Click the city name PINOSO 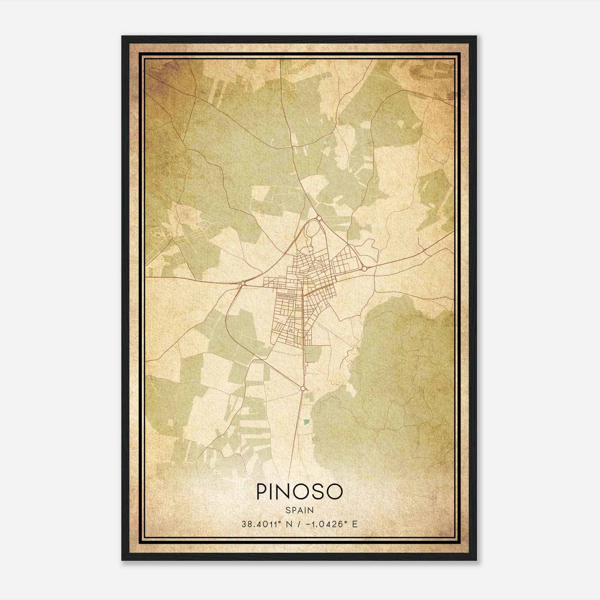pyautogui.click(x=299, y=492)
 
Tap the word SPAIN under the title pyautogui.click(x=299, y=510)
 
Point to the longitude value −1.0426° pyautogui.click(x=326, y=524)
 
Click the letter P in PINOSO pyautogui.click(x=262, y=492)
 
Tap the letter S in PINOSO pyautogui.click(x=319, y=492)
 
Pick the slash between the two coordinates pyautogui.click(x=299, y=524)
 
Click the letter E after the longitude pyautogui.click(x=354, y=524)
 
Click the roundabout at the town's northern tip pyautogui.click(x=319, y=218)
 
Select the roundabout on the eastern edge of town pyautogui.click(x=364, y=268)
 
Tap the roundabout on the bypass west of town pyautogui.click(x=243, y=283)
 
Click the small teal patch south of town pyautogui.click(x=306, y=422)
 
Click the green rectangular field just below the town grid pyautogui.click(x=313, y=354)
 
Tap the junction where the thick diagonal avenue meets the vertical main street pyautogui.click(x=303, y=295)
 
